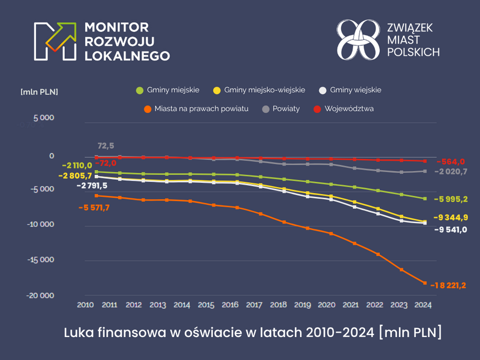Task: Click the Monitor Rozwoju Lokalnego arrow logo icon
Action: [54, 41]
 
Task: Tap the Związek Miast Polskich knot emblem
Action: [358, 40]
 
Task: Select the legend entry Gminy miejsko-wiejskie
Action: [259, 90]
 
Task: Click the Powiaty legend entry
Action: [281, 108]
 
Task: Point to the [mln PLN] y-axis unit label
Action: [39, 92]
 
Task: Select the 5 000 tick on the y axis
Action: [44, 118]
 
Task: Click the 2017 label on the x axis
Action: [254, 305]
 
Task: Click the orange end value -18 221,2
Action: [452, 285]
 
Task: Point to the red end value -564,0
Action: [451, 162]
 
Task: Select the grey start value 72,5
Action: [106, 146]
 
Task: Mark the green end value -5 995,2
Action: [451, 199]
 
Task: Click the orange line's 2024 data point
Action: [425, 283]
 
